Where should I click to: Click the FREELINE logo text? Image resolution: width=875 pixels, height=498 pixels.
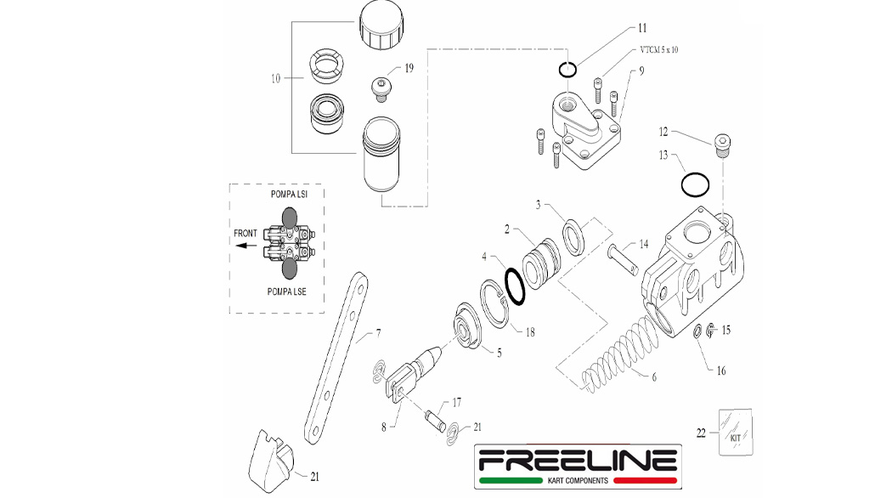[x=577, y=461]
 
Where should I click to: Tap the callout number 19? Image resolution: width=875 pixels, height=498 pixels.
[x=409, y=68]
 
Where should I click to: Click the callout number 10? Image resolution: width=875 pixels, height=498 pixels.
[x=275, y=79]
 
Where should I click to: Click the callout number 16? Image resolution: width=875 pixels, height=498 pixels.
[x=721, y=371]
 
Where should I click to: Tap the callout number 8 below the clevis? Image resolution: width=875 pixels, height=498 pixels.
[x=383, y=427]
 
